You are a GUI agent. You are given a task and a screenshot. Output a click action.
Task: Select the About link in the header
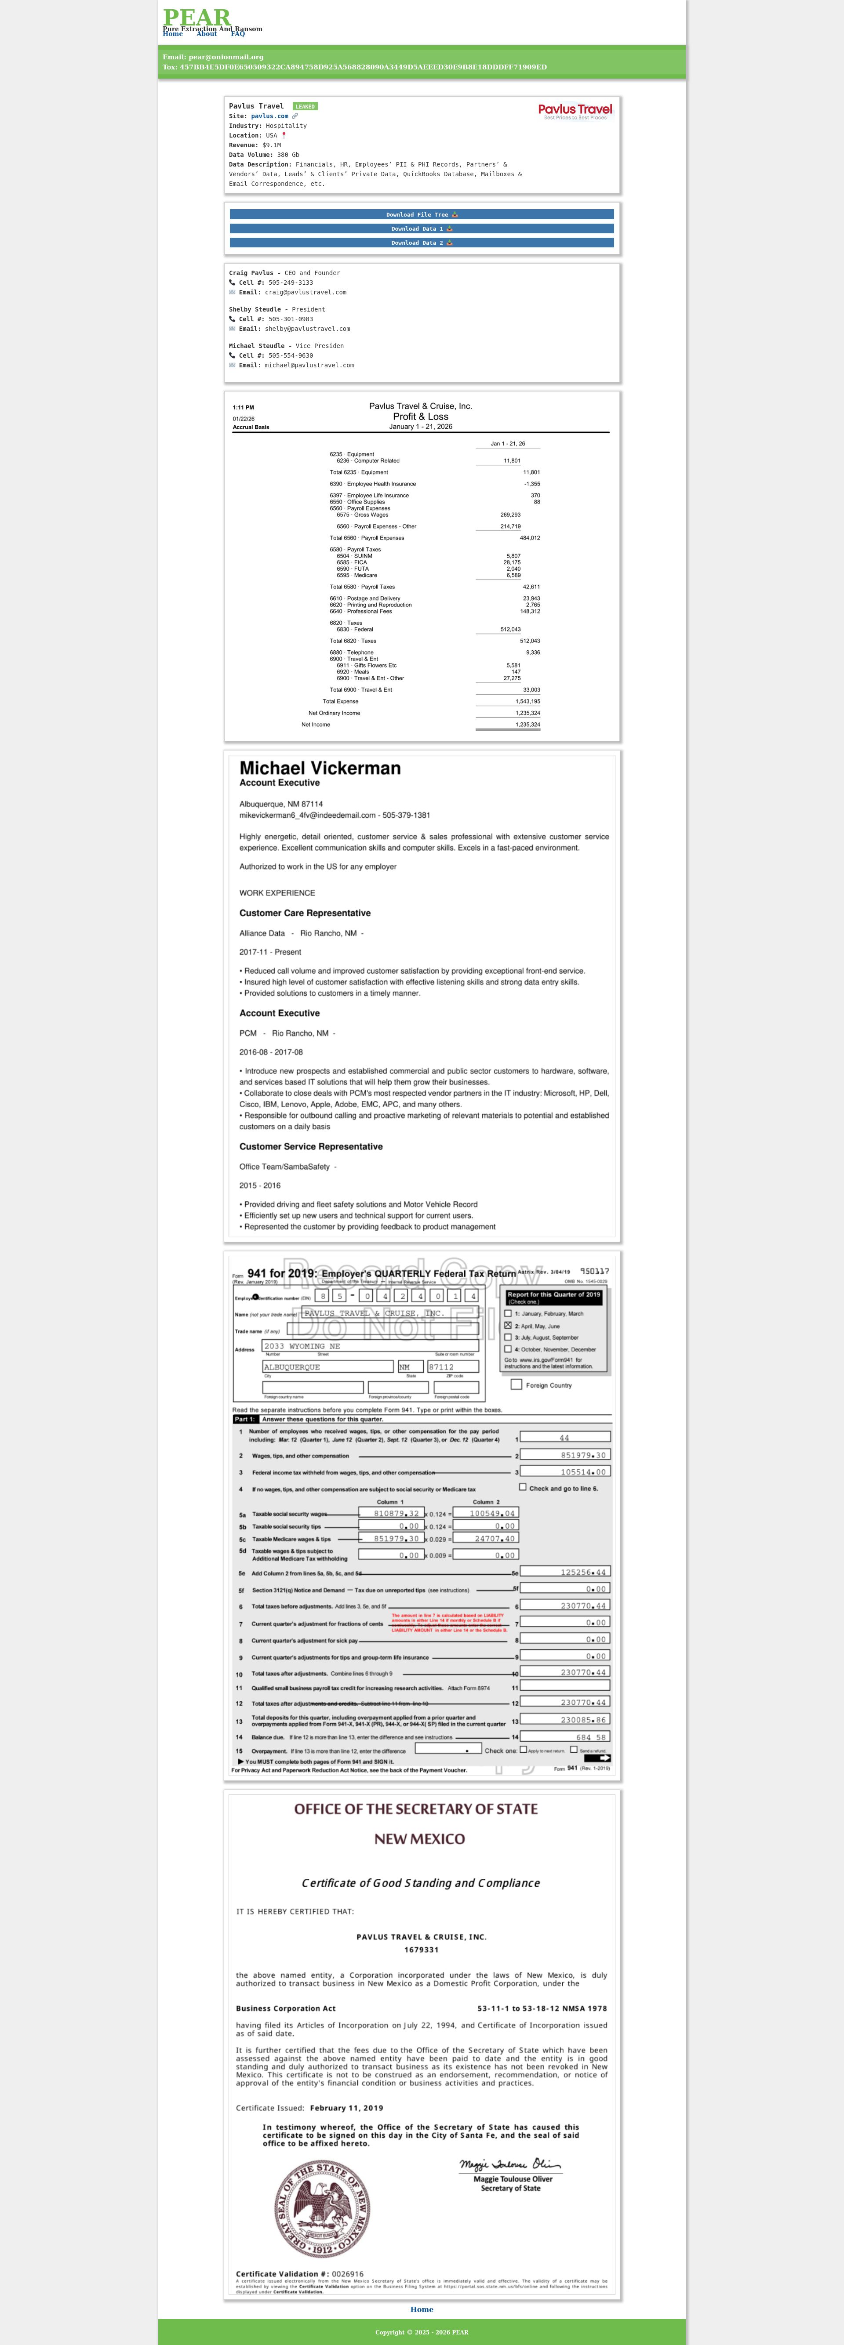pos(207,34)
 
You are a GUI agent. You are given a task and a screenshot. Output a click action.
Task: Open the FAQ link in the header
pos(238,34)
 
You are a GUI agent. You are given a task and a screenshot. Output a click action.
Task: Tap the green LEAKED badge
pos(305,106)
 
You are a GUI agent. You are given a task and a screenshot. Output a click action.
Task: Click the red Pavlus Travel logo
pos(575,110)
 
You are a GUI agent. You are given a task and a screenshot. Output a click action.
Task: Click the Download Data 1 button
pos(422,228)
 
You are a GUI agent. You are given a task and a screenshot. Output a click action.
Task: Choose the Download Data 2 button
pos(422,243)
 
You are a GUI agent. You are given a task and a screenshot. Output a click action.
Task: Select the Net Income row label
pos(316,725)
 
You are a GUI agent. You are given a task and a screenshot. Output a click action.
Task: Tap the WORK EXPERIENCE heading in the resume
pos(277,893)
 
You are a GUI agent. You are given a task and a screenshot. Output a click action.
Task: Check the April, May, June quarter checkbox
pos(508,1326)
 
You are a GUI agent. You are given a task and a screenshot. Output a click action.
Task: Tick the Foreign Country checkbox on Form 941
pos(516,1385)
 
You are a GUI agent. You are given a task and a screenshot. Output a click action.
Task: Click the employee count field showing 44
pos(564,1437)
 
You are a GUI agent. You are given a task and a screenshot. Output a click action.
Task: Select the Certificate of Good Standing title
pos(421,1883)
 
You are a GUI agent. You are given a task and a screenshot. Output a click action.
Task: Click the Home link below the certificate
pos(422,2309)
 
